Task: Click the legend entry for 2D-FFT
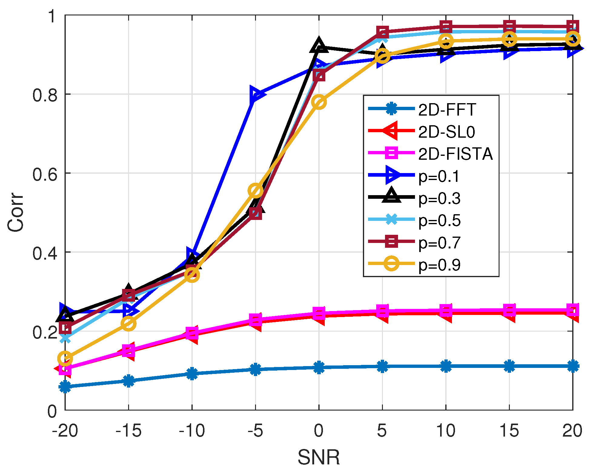(x=447, y=110)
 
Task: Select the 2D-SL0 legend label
(x=447, y=132)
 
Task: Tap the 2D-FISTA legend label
(x=455, y=154)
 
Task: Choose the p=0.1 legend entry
(x=439, y=176)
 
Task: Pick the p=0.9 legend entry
(x=439, y=265)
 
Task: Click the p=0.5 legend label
(x=439, y=221)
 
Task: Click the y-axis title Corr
(x=16, y=212)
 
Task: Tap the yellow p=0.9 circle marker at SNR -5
(x=255, y=190)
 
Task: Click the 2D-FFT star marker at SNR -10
(x=192, y=374)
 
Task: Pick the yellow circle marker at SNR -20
(x=65, y=359)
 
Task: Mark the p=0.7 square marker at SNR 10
(x=446, y=27)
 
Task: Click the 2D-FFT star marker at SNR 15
(x=509, y=366)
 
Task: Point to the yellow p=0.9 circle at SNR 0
(x=319, y=102)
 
